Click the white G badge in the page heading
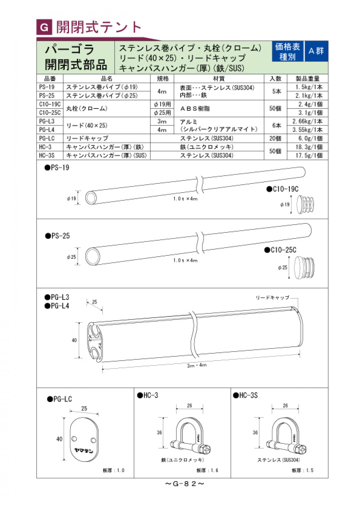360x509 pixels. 44,27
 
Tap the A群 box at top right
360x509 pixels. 316,51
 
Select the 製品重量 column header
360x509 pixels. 307,79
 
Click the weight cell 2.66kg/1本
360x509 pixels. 307,121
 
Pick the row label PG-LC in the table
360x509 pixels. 47,138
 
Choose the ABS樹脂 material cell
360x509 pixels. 195,109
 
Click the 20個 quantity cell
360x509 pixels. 275,138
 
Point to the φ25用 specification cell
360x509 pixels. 162,113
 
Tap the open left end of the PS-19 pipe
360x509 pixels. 91,198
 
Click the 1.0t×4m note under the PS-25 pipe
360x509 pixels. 185,260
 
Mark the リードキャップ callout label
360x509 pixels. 272,297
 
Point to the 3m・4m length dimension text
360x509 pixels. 197,365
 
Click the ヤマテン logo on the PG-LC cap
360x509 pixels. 84,450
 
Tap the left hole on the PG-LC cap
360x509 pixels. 74,439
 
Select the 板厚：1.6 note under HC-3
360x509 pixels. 207,470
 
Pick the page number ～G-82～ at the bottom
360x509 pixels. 184,484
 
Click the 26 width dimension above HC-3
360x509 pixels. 189,406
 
